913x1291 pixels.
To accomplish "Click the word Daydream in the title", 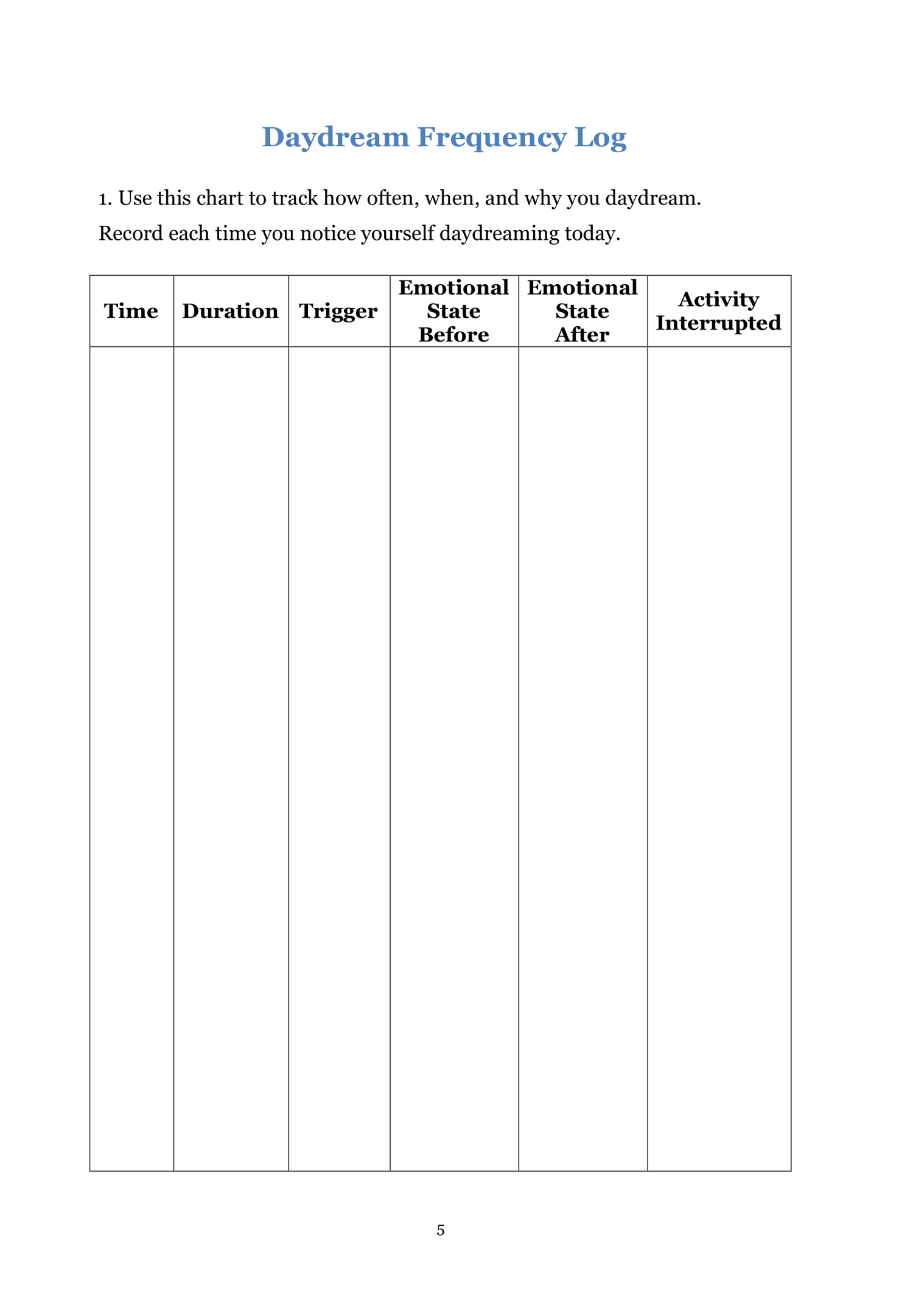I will [335, 137].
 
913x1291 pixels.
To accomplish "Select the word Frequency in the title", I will [492, 137].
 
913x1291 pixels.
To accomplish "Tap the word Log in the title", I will [600, 137].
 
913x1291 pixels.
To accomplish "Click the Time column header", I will [131, 311].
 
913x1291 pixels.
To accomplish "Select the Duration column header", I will [230, 311].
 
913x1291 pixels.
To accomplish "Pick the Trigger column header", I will [338, 311].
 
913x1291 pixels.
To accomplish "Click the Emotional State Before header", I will [453, 311].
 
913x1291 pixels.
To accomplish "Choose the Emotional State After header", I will [582, 311].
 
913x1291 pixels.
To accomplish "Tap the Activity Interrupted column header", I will [718, 311].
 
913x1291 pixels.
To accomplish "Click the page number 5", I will [441, 1230].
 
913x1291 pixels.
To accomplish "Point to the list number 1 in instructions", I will [105, 198].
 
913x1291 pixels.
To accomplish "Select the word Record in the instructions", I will [130, 234].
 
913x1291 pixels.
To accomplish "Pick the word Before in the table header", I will [453, 335].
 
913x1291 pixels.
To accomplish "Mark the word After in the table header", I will [582, 335].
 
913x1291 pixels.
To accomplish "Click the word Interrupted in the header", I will [718, 323].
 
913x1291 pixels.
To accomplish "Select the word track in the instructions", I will [295, 198].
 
